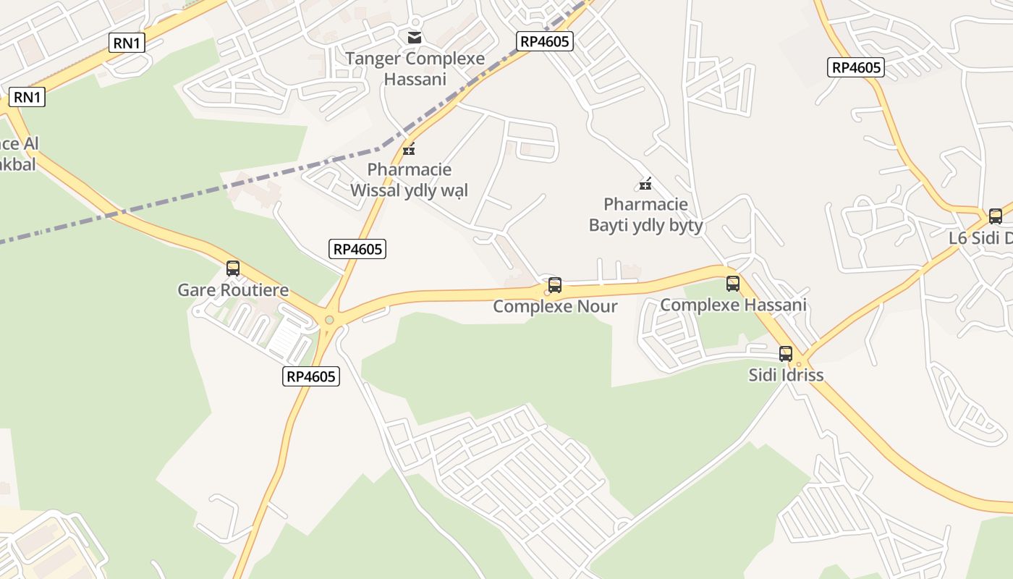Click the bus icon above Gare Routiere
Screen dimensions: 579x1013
click(x=233, y=269)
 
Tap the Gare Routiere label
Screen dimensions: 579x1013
click(x=233, y=290)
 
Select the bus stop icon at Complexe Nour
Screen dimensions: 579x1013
click(x=555, y=285)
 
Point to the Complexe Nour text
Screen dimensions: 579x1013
click(x=555, y=306)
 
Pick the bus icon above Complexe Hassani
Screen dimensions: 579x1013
click(x=733, y=284)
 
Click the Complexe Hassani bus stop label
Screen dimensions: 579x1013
click(x=733, y=305)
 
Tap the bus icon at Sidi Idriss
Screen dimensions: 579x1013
click(x=786, y=354)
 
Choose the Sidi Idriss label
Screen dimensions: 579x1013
click(x=786, y=375)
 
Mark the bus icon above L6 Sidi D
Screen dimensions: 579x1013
click(x=996, y=216)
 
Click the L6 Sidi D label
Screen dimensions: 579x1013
click(x=981, y=238)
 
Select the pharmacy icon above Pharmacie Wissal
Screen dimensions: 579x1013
click(x=409, y=149)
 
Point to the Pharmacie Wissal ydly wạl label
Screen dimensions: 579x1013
click(x=409, y=179)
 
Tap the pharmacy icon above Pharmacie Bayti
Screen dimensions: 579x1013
click(x=645, y=184)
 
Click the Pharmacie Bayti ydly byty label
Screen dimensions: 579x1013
click(x=645, y=215)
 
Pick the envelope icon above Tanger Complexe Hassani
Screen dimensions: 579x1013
click(x=415, y=38)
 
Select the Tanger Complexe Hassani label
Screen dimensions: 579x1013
click(x=415, y=68)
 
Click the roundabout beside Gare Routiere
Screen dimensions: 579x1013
click(x=330, y=319)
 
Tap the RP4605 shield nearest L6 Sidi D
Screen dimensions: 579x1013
click(x=856, y=67)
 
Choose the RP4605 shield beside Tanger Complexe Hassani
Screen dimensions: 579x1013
click(x=545, y=41)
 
